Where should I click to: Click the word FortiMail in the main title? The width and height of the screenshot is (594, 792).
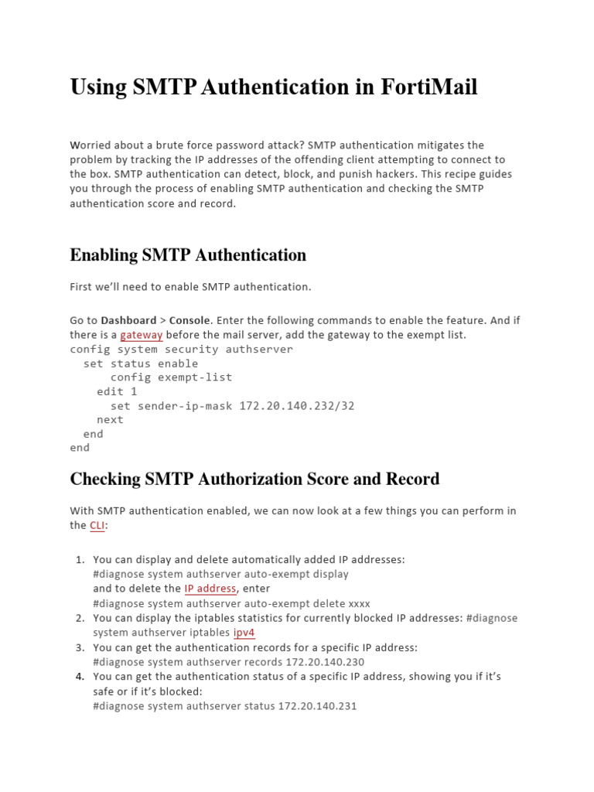429,87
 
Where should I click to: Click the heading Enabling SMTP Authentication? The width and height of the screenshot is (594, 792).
188,254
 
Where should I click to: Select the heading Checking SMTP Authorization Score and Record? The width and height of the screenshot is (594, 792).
254,479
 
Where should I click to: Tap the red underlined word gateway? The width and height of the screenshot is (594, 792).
141,335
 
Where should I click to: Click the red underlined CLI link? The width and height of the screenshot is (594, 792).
97,525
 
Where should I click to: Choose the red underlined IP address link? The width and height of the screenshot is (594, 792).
210,589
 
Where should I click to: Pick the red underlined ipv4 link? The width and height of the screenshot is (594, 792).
244,632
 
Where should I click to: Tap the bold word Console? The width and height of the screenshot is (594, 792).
189,320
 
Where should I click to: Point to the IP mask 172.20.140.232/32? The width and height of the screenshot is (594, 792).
296,405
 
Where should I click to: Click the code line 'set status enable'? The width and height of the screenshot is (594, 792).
140,364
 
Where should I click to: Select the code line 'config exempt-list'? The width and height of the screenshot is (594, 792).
171,377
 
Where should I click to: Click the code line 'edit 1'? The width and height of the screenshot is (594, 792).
117,391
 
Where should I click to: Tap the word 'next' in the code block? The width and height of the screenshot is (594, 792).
110,419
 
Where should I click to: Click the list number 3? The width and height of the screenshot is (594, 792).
80,647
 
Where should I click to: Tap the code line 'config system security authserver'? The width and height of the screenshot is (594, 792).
182,349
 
